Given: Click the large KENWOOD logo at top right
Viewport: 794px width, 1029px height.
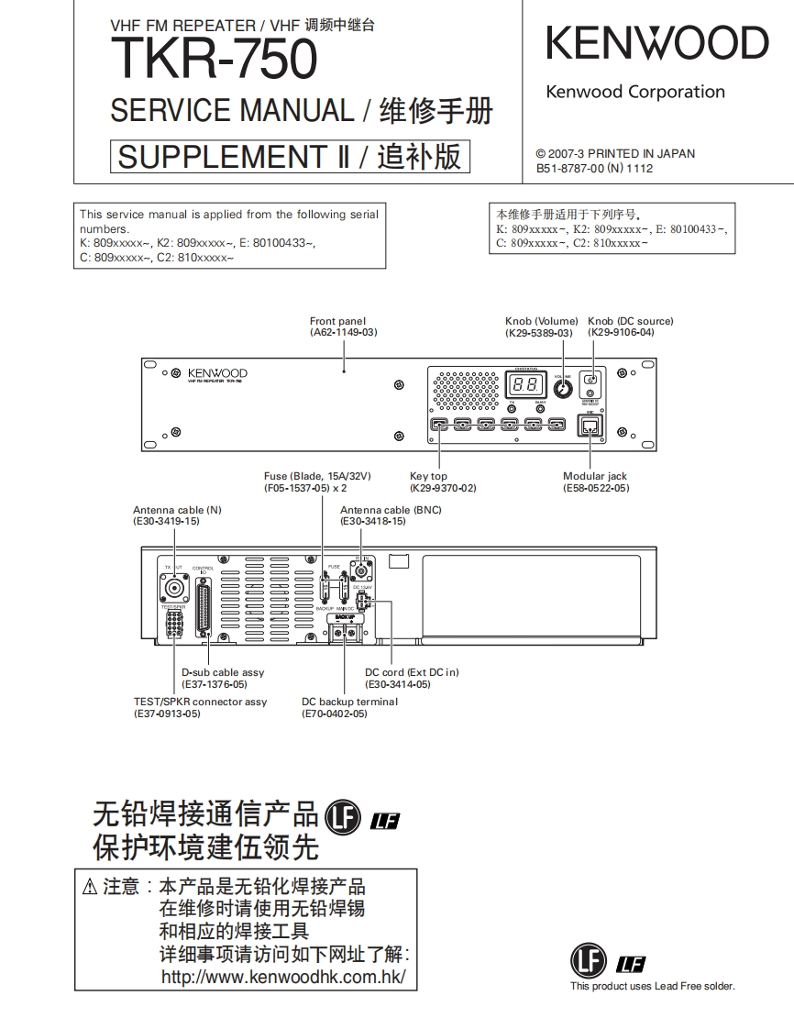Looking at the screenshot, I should (657, 43).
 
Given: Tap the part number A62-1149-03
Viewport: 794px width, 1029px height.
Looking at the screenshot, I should (344, 332).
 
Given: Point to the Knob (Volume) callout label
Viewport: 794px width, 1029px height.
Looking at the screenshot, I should (542, 321).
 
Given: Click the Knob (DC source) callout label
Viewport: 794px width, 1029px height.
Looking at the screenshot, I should (631, 321).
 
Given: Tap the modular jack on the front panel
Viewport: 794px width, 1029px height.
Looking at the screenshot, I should (586, 426).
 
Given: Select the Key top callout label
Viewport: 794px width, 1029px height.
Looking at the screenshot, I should (428, 476).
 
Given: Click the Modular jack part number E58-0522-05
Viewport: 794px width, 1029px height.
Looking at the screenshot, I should (596, 489).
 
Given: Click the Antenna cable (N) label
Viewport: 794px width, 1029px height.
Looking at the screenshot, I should (177, 510).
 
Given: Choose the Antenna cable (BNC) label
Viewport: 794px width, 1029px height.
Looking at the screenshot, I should (391, 510).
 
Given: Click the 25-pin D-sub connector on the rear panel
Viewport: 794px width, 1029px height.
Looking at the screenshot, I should (203, 606).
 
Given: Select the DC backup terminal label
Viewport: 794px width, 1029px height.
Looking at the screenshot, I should (350, 702).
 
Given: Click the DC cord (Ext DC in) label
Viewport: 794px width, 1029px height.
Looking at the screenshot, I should (412, 672).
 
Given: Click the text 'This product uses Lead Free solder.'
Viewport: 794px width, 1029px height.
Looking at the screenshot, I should (652, 987).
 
